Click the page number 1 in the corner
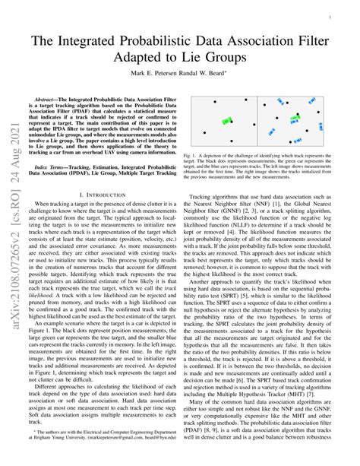346,14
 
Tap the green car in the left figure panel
226,122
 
